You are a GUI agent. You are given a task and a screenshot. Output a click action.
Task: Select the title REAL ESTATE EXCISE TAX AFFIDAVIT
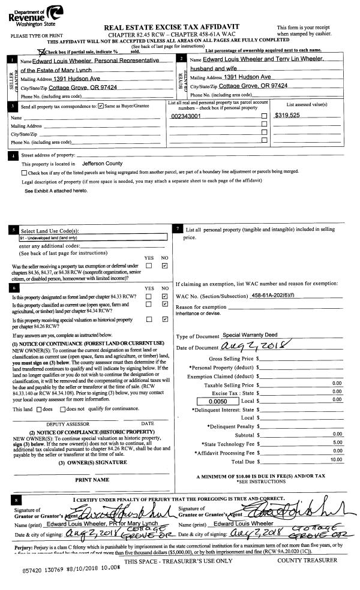(172, 27)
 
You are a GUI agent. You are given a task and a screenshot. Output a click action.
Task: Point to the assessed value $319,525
(287, 115)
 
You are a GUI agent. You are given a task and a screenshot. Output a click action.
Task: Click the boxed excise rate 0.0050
(218, 401)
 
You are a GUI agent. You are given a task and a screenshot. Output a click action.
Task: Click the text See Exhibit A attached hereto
(56, 191)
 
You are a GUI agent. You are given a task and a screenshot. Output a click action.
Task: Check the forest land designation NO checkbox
(164, 296)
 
